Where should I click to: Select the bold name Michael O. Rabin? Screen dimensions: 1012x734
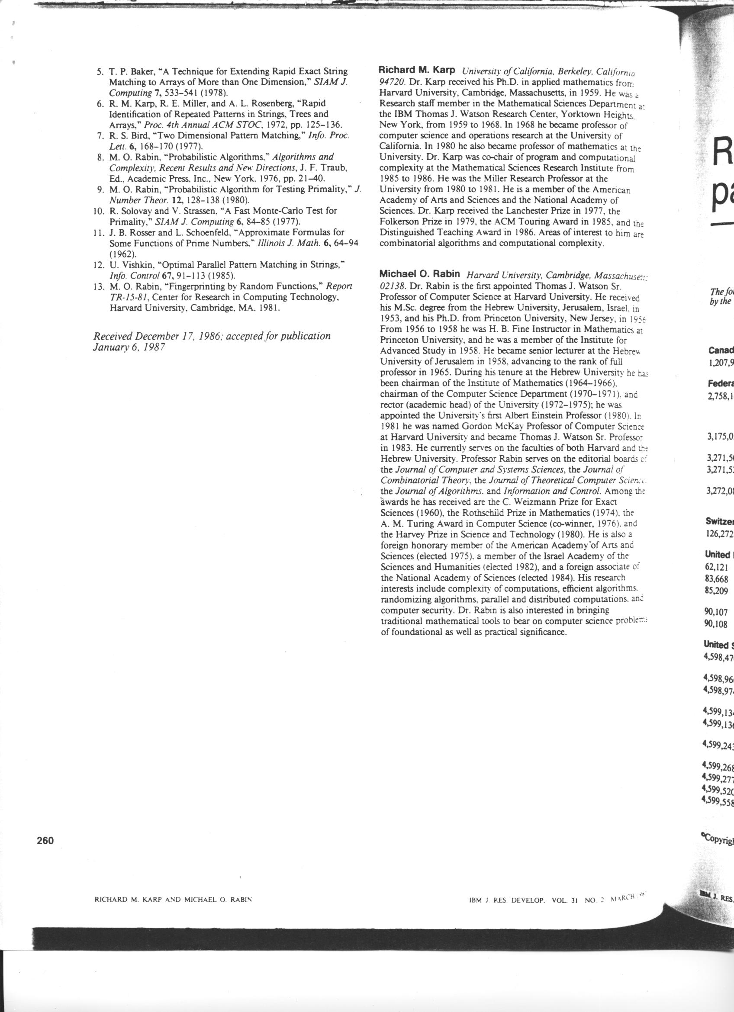pyautogui.click(x=419, y=273)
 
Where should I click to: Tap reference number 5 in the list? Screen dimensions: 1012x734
pyautogui.click(x=100, y=72)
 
